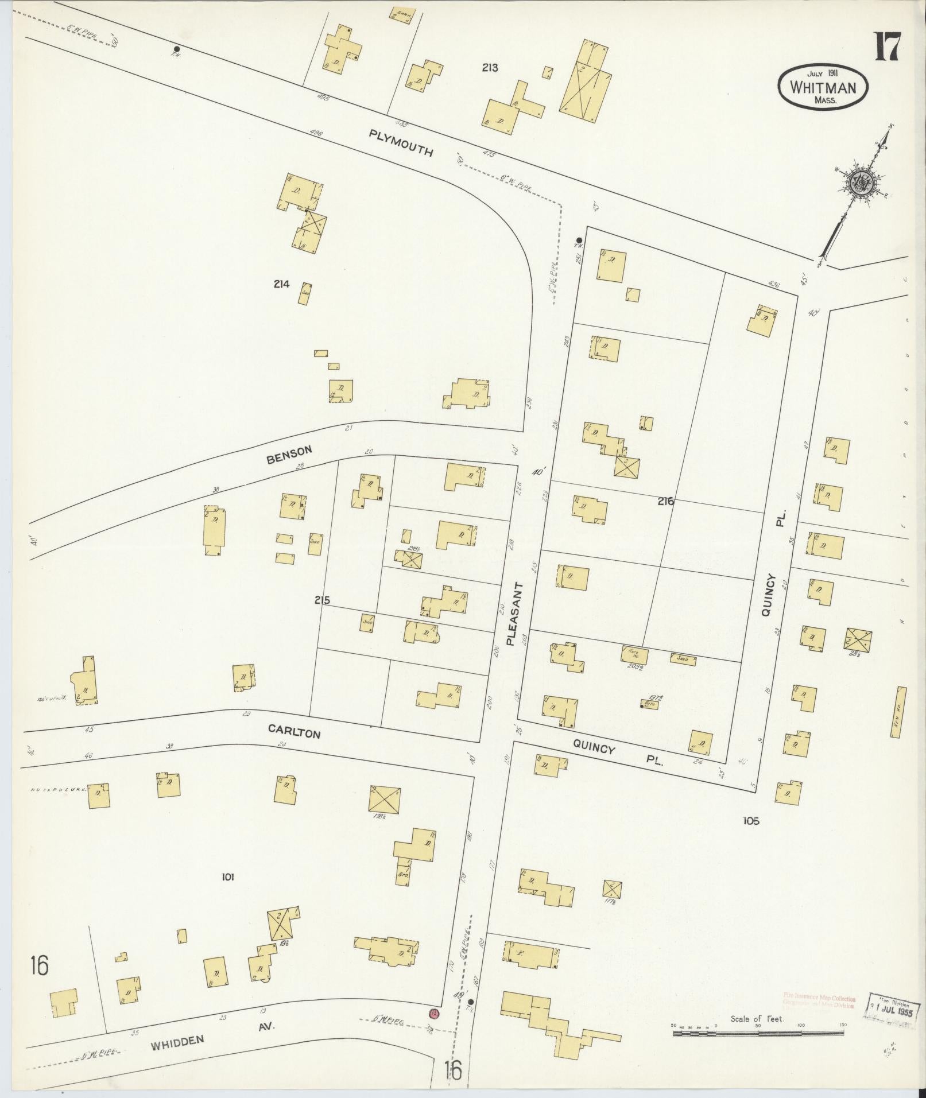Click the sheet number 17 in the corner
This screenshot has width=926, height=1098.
pos(888,48)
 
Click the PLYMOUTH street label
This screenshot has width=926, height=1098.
pos(400,143)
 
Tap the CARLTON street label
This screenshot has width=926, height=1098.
pos(293,730)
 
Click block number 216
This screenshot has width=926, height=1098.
pos(666,501)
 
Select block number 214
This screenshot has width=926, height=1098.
pos(282,284)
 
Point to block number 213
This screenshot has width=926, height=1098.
pos(490,68)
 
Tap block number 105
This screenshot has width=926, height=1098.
pos(750,821)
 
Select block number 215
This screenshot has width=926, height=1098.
pos(322,600)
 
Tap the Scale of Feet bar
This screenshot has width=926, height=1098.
pos(758,1033)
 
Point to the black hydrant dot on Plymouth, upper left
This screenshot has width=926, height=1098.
pos(177,49)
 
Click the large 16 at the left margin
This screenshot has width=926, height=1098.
pos(40,965)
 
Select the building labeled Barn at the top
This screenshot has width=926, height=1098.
pos(402,15)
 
